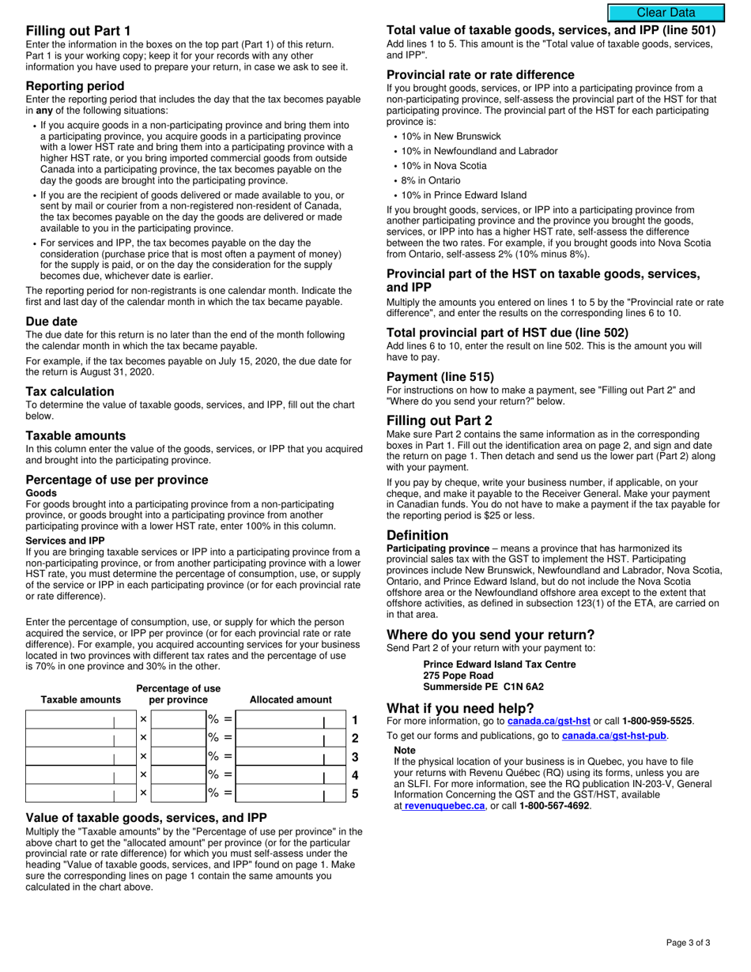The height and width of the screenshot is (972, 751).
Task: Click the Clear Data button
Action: coord(666,13)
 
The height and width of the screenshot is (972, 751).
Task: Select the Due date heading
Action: coord(51,322)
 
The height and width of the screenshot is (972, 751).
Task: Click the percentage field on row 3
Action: coord(178,757)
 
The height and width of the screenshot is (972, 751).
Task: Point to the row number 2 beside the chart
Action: coord(355,739)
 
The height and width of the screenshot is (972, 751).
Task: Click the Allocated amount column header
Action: coord(291,699)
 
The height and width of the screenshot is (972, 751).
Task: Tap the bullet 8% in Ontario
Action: coord(431,180)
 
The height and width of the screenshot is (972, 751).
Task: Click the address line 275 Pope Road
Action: coord(459,676)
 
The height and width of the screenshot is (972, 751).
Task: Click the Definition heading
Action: coord(417,535)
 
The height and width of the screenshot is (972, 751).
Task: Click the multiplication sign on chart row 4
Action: coord(143,775)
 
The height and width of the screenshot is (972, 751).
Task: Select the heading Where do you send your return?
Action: coord(490,635)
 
